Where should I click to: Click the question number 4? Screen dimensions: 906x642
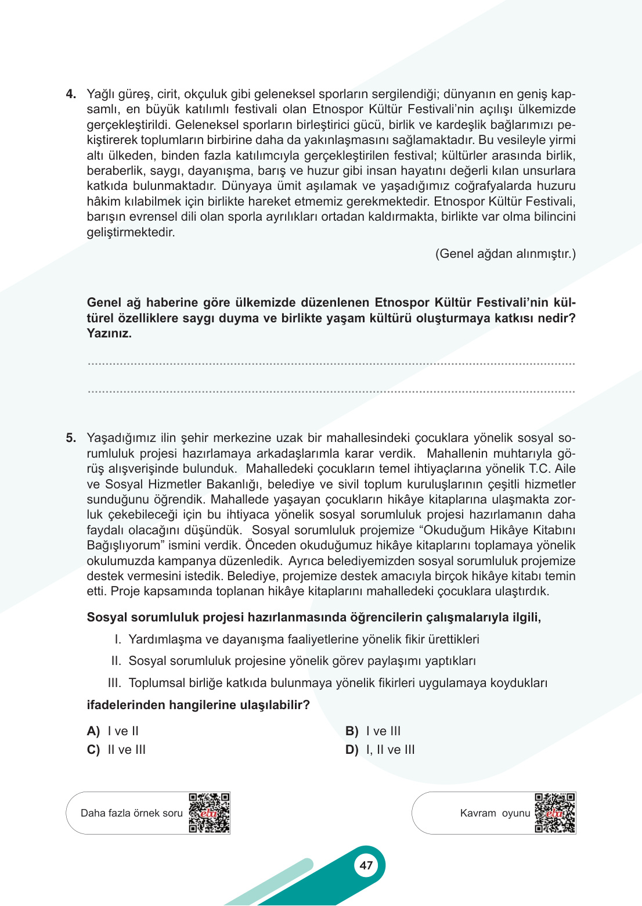[x=71, y=94]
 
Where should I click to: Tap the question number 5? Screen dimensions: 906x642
[x=71, y=438]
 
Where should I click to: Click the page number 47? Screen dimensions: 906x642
[x=366, y=865]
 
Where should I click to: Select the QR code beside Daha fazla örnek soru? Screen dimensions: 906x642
[x=209, y=813]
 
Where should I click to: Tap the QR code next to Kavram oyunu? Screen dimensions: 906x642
[x=555, y=813]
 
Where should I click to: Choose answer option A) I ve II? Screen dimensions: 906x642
[x=113, y=731]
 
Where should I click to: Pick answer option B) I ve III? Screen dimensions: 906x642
[x=373, y=731]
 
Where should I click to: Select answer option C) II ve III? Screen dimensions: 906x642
[x=117, y=750]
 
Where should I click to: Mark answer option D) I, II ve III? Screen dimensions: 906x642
[x=380, y=750]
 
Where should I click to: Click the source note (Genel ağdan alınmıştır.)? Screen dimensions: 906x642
[x=506, y=254]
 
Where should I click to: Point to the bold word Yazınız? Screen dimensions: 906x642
[x=109, y=333]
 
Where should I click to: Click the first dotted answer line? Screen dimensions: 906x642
[x=331, y=364]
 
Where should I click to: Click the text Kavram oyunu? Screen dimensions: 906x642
[x=495, y=813]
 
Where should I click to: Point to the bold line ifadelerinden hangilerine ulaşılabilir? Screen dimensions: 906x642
[x=198, y=705]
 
